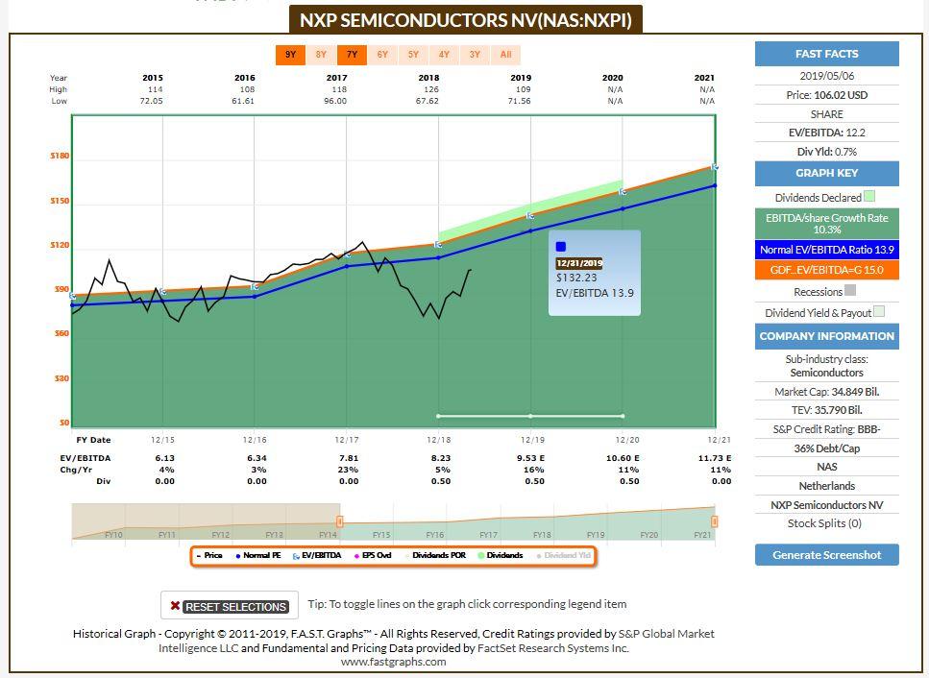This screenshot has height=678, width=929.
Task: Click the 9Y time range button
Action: pos(290,55)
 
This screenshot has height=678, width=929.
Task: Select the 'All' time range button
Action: pos(505,55)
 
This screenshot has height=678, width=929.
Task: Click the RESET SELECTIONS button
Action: pos(229,606)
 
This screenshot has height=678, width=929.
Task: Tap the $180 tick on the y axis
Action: pos(60,156)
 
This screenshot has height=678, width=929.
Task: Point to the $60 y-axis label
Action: pos(60,333)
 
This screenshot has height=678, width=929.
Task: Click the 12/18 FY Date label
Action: pos(438,440)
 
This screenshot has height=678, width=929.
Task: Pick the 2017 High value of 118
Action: pos(336,89)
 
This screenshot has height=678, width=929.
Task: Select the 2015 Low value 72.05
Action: pos(153,101)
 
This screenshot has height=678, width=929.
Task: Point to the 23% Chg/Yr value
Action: pos(336,470)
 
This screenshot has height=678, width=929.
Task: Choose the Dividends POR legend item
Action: pos(438,555)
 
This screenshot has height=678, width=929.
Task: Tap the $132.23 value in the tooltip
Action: pos(575,278)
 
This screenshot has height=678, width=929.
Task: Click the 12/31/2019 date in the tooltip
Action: pos(579,262)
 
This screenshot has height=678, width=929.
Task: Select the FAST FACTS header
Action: pos(826,54)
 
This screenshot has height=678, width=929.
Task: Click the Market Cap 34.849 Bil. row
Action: pos(826,392)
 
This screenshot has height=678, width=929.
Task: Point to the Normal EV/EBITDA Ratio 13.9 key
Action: pos(826,250)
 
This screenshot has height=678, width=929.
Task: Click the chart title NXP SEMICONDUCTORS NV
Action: pos(466,19)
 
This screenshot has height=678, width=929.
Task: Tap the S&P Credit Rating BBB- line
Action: pos(826,429)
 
